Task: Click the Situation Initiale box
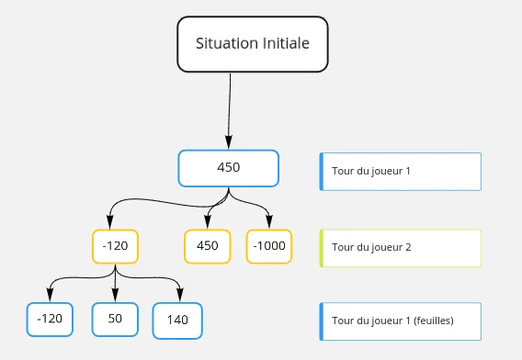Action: (x=252, y=43)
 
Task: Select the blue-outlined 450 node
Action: (x=228, y=167)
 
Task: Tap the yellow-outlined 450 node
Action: (x=208, y=246)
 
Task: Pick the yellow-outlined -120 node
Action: (x=115, y=246)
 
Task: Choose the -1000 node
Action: (x=269, y=246)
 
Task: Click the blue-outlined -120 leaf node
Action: (x=50, y=319)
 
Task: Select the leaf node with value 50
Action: (x=115, y=319)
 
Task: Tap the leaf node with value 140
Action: (x=177, y=320)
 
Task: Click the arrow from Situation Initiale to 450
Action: (x=229, y=110)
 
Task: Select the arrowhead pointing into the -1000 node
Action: (x=269, y=225)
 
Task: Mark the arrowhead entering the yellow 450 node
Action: (x=208, y=225)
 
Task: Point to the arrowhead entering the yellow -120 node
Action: (x=110, y=225)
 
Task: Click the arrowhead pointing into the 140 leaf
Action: (x=178, y=298)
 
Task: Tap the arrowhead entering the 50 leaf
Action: (x=115, y=298)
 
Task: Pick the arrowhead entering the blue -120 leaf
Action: (x=50, y=298)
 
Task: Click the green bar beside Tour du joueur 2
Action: (x=322, y=247)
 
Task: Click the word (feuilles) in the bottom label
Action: (x=434, y=320)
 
